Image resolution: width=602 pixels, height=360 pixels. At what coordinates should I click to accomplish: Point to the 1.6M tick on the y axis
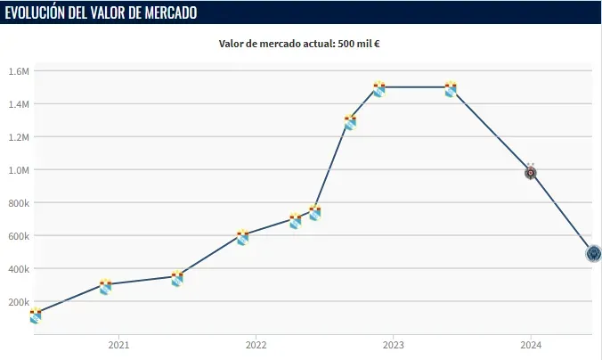point(19,71)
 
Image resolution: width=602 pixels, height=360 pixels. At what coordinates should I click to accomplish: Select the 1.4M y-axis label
point(19,104)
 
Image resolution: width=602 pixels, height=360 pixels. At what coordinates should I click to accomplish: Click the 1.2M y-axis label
point(19,137)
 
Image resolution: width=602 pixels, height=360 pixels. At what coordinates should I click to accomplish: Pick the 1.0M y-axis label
point(19,170)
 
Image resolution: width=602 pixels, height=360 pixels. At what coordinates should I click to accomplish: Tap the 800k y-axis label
point(19,203)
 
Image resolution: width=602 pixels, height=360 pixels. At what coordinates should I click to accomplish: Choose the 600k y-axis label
point(19,236)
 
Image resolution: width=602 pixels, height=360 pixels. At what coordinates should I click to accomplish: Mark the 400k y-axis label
point(19,269)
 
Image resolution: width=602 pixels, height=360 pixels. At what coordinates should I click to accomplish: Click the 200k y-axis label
point(19,302)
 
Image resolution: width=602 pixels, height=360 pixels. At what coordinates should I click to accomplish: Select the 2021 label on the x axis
point(118,345)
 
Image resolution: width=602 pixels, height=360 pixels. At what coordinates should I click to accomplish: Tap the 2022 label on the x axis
point(256,345)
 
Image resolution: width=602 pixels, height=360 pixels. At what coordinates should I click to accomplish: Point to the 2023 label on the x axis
point(394,345)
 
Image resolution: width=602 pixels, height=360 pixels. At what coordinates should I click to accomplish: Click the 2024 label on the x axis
point(531,345)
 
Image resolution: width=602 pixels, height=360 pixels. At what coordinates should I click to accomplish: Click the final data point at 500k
point(593,253)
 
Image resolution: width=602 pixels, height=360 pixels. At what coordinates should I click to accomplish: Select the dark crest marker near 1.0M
point(531,172)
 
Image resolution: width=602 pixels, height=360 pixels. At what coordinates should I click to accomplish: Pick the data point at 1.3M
point(350,122)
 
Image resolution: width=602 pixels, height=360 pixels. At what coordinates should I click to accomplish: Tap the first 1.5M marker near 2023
point(378,88)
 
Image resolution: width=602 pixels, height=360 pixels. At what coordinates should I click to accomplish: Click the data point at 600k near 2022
point(242,236)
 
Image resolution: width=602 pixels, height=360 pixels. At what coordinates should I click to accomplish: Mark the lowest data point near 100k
point(36,315)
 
